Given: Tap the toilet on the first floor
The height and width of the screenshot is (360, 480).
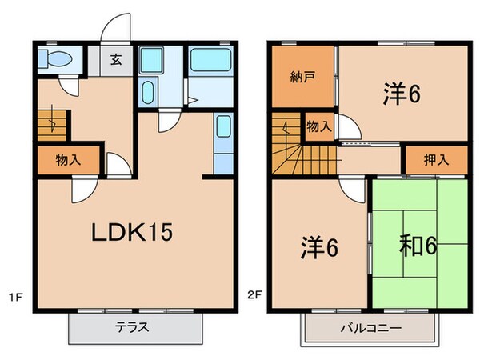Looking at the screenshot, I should (x=58, y=61).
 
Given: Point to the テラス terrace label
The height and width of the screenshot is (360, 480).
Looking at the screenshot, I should (x=133, y=327).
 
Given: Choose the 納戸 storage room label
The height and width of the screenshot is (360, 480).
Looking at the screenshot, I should (x=302, y=77).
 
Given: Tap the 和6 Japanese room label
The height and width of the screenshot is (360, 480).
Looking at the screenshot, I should (x=418, y=246).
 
